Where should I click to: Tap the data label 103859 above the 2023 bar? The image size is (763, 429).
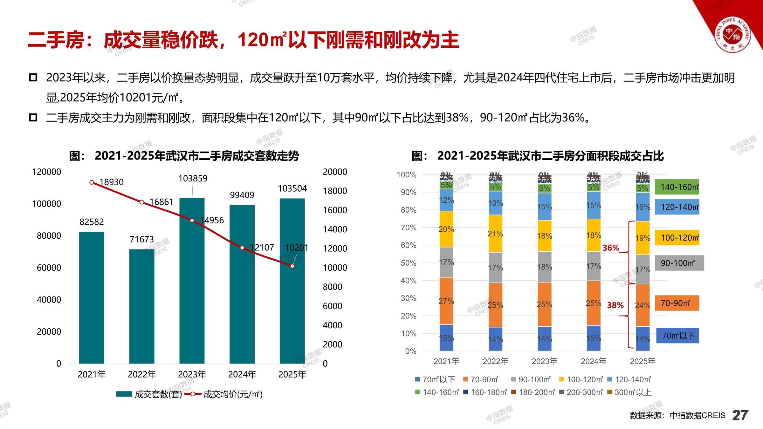click(193, 179)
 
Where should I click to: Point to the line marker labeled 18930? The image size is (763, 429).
click(92, 182)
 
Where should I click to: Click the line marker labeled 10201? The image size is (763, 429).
click(292, 266)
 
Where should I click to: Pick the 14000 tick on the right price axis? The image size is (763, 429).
click(335, 229)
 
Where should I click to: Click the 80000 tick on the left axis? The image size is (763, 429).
click(49, 236)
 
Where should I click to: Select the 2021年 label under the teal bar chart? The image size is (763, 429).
click(92, 375)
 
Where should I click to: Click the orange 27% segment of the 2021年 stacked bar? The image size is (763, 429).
click(446, 301)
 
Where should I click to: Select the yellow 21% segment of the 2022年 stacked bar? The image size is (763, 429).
click(495, 234)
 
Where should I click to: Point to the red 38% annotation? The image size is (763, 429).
click(615, 305)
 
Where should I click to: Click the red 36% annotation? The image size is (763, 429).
click(611, 248)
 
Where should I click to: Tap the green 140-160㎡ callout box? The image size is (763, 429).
click(677, 187)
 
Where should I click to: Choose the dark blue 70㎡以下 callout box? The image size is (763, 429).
click(678, 336)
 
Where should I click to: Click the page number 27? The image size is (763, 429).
click(740, 415)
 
